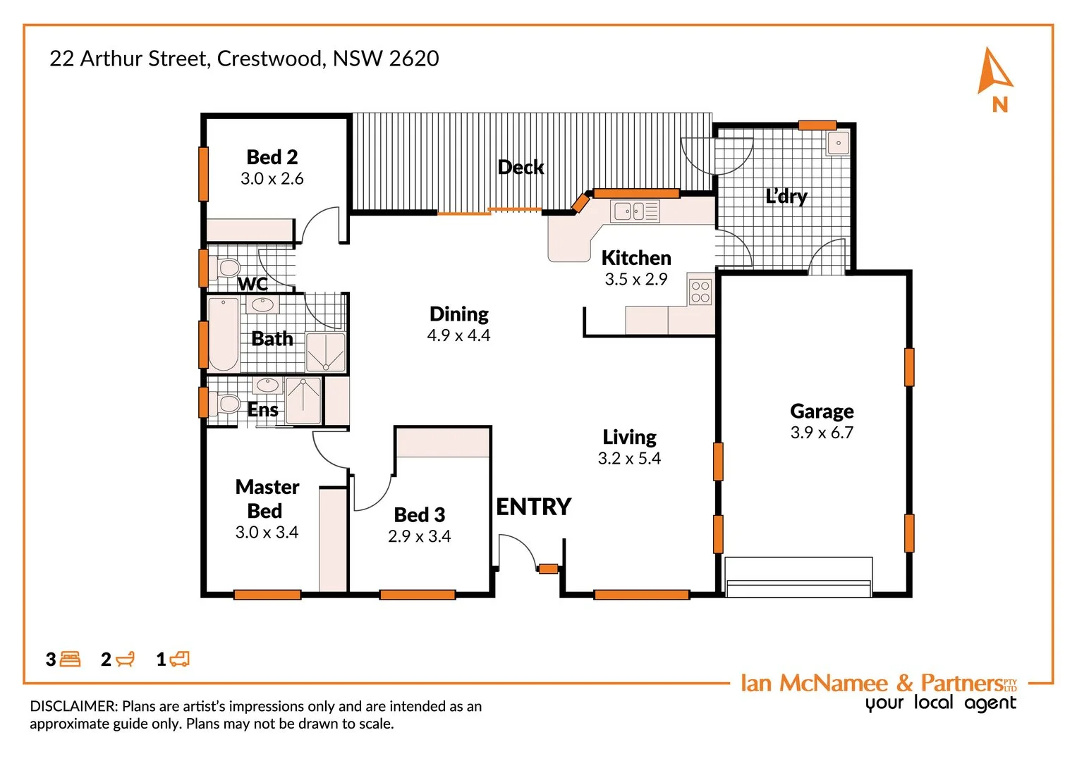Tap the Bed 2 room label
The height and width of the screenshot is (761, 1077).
(272, 157)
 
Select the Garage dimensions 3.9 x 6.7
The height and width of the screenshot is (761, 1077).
(822, 433)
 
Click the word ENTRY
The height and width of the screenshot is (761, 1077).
(533, 507)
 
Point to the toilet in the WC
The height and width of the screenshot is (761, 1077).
(228, 268)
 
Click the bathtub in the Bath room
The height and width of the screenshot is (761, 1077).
(224, 334)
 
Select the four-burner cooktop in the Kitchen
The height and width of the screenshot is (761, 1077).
(700, 292)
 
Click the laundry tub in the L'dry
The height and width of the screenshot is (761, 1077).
(838, 143)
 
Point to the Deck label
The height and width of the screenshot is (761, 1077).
(521, 167)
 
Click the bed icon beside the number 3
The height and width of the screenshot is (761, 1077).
(70, 660)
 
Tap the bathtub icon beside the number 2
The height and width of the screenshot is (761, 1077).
(125, 660)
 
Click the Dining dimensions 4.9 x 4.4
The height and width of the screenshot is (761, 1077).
(458, 335)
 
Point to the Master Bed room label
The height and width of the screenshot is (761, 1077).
(267, 498)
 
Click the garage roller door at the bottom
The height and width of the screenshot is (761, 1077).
(798, 578)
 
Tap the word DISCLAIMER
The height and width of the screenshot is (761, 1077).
(73, 706)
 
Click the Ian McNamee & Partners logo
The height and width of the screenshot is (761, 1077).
(878, 691)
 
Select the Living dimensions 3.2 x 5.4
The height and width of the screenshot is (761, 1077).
(629, 459)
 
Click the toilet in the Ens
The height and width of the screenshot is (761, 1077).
(227, 404)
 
